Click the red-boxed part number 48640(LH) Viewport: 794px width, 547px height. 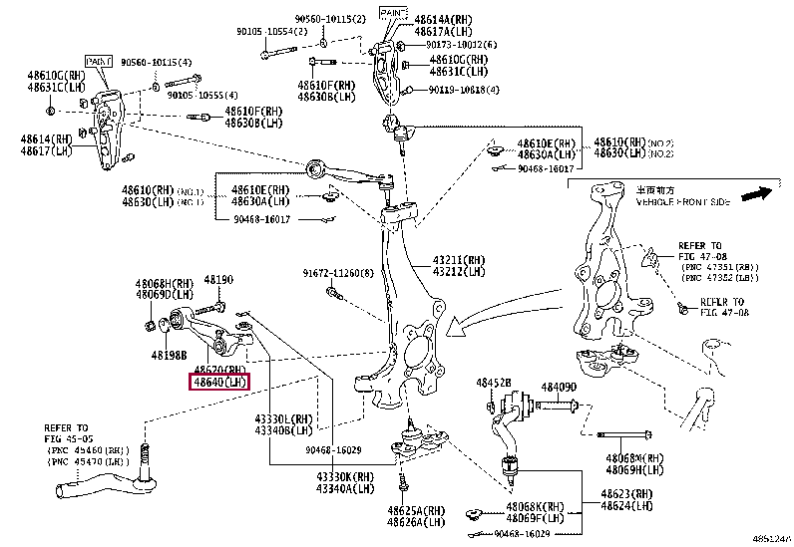click(220, 381)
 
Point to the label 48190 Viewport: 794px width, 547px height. click(218, 281)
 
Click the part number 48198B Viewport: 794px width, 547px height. click(171, 353)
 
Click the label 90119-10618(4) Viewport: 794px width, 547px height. click(464, 90)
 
